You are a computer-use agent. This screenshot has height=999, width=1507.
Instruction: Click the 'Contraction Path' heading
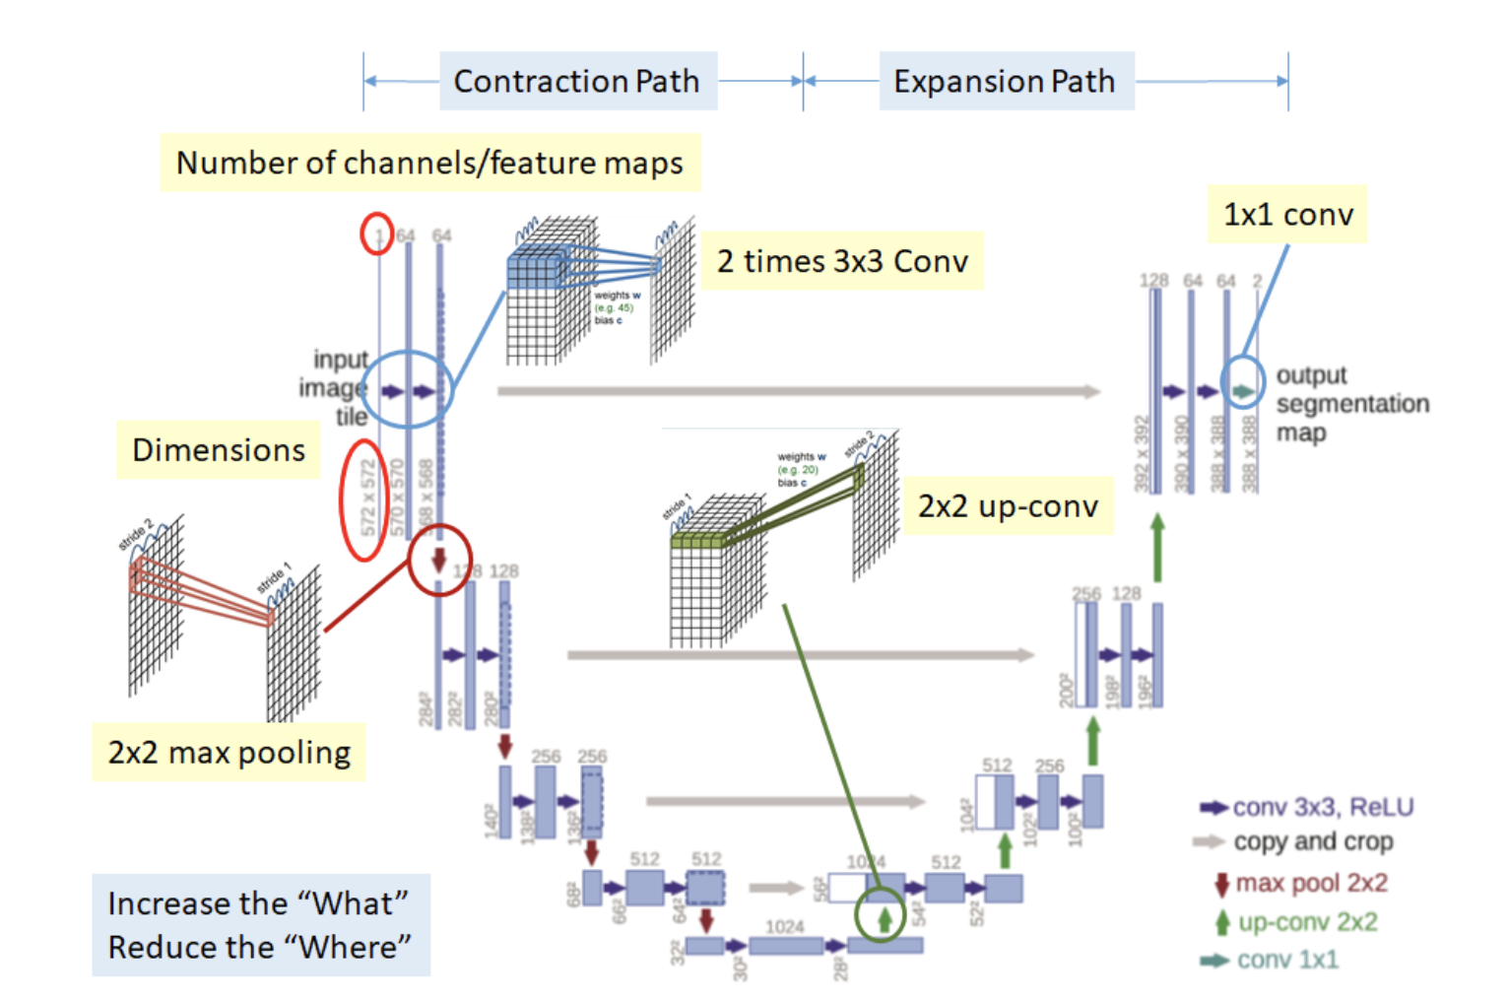577,81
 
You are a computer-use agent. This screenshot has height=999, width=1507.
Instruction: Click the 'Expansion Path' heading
1005,81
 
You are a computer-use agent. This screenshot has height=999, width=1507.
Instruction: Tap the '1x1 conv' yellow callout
1287,214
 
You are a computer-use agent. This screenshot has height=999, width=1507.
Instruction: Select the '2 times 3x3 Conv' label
842,261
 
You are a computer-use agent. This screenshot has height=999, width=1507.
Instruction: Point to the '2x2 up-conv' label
1008,506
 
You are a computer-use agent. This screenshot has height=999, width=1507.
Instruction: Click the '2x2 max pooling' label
229,753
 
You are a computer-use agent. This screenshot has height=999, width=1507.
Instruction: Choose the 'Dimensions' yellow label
219,450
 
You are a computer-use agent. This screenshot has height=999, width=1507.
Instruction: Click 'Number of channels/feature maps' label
429,163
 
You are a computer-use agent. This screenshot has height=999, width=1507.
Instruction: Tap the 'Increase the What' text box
260,925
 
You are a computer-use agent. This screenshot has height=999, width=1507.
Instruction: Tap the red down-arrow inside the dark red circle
439,560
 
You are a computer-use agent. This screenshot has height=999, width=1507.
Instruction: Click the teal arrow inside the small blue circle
1244,391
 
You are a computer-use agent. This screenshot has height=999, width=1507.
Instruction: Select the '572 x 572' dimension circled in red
367,499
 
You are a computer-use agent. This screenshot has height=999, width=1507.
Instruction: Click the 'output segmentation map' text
1350,404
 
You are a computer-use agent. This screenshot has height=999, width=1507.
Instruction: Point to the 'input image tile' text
337,387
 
